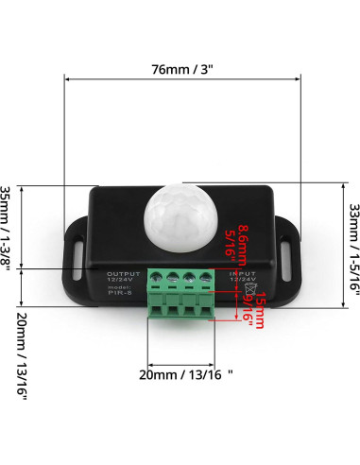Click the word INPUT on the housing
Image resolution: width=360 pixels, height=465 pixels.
coord(240,274)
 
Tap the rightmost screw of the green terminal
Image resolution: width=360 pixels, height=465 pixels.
coord(209,279)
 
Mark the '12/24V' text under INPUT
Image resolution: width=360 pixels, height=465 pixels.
coord(240,281)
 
